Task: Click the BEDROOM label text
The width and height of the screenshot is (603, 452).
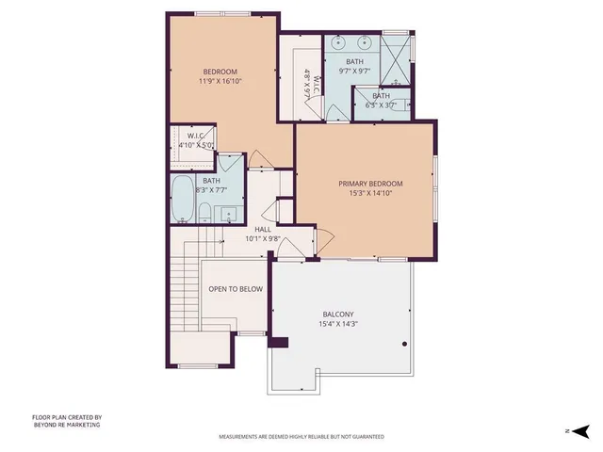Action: pos(219,72)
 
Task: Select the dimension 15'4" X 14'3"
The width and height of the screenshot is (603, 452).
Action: pos(337,325)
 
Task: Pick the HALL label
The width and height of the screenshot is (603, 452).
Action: pos(263,229)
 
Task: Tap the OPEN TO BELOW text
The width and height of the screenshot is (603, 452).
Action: pos(235,289)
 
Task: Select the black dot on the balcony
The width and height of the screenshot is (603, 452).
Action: pos(404,345)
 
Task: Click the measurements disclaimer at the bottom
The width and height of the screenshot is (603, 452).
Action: pos(301,437)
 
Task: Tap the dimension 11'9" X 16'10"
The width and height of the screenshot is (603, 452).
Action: pos(219,82)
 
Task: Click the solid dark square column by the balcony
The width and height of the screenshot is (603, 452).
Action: pos(277,343)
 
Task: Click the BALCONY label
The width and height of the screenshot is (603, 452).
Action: pos(337,315)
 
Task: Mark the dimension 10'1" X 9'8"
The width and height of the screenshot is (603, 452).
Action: pos(263,239)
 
